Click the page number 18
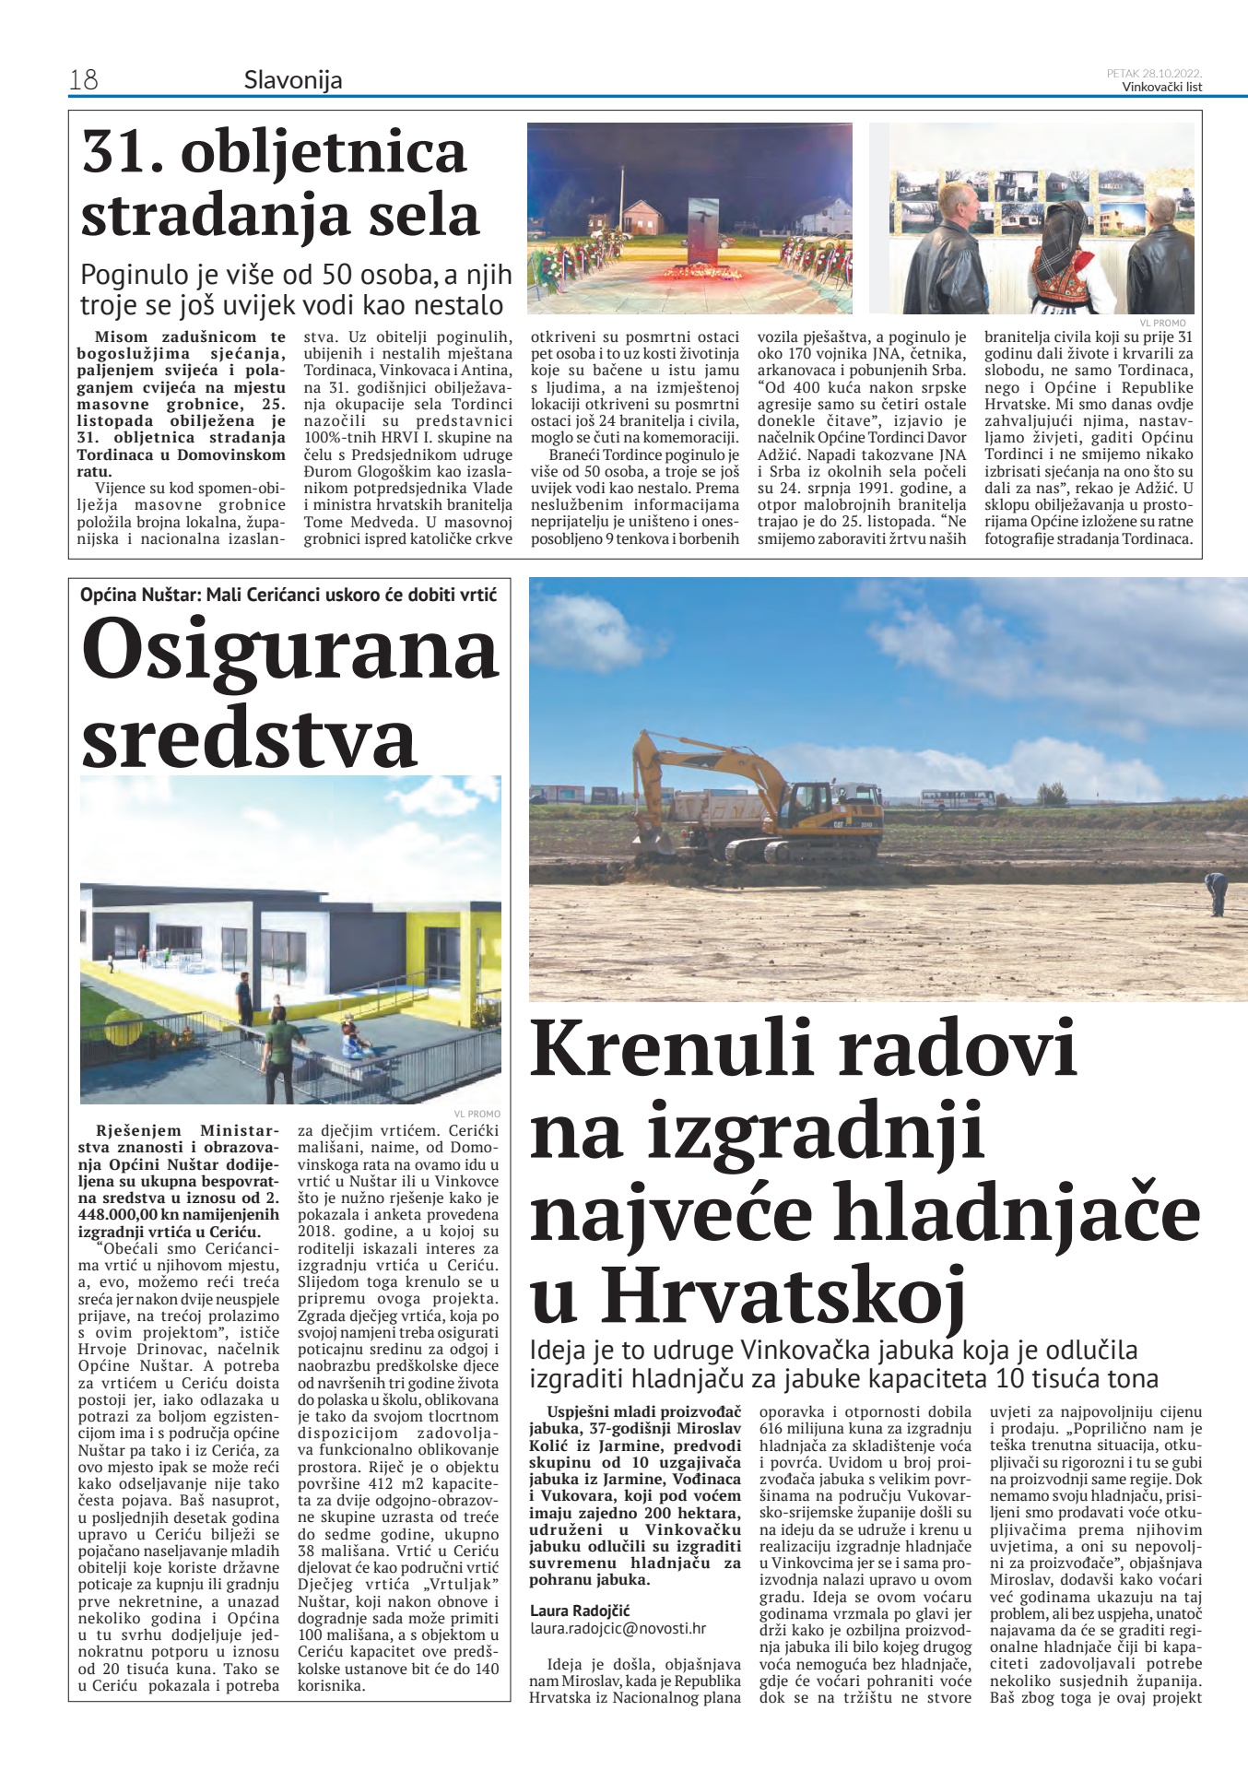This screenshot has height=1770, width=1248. pos(83,80)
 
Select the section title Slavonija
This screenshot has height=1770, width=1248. pos(292,80)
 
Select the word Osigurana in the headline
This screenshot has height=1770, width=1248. pos(289,651)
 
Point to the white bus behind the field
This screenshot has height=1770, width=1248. pos(958,798)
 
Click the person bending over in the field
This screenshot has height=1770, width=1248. pos(1217,893)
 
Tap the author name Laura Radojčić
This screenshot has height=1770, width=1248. pos(580,1611)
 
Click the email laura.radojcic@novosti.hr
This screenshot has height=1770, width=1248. pos(618,1628)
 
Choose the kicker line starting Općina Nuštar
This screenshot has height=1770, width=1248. pos(288,595)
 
